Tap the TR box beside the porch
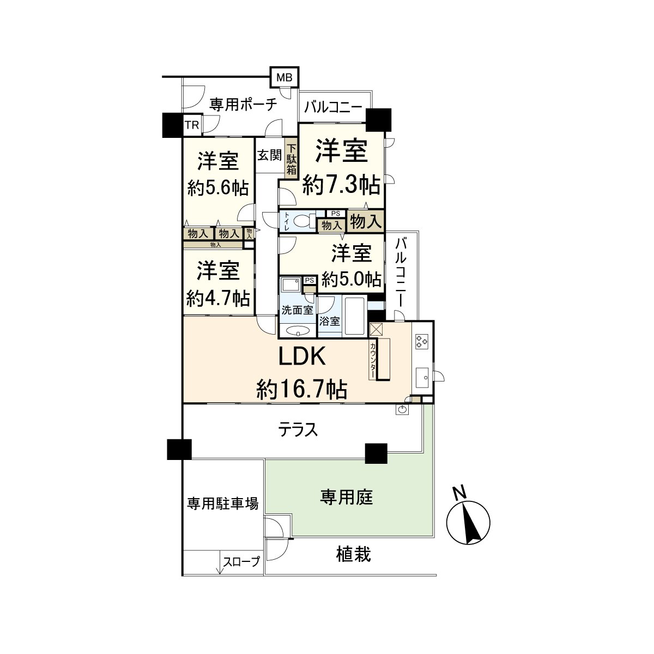[x=191, y=125]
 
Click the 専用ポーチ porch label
[x=244, y=104]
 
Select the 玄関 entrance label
[x=269, y=155]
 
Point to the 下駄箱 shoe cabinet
[x=292, y=159]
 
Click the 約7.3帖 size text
[x=341, y=187]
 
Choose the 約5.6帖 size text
[x=217, y=188]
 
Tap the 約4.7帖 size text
[x=217, y=298]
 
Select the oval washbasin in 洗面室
[x=297, y=330]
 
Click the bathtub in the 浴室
[x=355, y=317]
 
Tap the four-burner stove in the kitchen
[x=422, y=342]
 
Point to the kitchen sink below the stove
[x=422, y=376]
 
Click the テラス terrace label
[x=298, y=431]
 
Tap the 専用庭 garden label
[x=346, y=497]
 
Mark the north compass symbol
[x=468, y=519]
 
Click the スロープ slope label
[x=240, y=561]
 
